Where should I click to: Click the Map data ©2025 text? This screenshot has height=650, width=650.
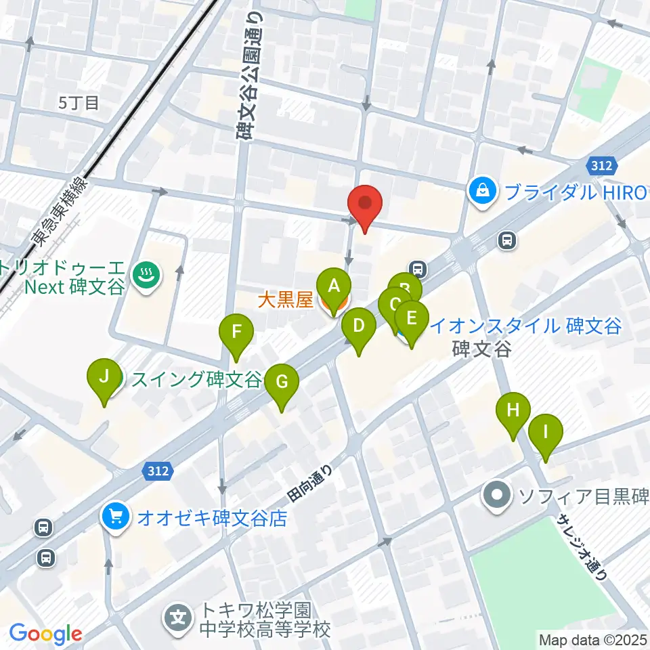click(592, 639)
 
